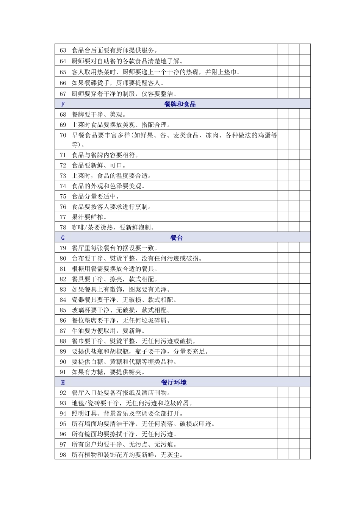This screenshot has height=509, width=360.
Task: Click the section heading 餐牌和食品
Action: [180, 104]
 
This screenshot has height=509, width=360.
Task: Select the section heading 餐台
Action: [177, 238]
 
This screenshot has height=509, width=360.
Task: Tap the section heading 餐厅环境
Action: [174, 383]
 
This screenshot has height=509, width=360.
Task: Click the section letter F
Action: [63, 104]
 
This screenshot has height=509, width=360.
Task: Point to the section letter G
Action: [63, 238]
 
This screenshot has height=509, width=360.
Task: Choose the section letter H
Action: [63, 383]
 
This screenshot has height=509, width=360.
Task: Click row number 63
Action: [63, 50]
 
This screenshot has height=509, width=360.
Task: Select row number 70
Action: [63, 135]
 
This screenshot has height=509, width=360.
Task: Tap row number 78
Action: [63, 228]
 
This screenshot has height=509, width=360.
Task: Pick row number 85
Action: [63, 310]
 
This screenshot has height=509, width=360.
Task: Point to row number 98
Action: [63, 455]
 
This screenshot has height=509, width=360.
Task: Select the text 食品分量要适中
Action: [96, 197]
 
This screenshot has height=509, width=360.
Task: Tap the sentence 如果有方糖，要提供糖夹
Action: [108, 372]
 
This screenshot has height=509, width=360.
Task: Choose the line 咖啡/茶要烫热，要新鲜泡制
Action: [113, 228]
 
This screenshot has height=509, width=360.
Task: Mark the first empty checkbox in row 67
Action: [283, 94]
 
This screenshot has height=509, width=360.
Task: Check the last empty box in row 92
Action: [305, 393]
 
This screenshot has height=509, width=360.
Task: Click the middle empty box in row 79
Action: [294, 248]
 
